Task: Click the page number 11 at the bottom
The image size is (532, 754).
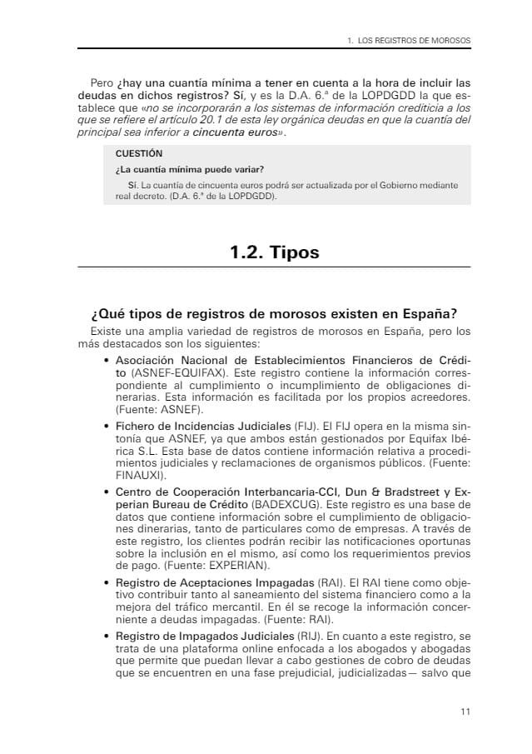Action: point(465,712)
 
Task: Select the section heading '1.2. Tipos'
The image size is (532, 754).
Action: point(274,252)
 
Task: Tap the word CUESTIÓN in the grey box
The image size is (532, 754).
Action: point(139,154)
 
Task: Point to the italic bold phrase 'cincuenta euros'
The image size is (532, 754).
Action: point(237,132)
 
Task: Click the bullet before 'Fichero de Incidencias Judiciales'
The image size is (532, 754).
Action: point(107,426)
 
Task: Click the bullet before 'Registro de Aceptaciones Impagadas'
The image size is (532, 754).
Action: point(107,581)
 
